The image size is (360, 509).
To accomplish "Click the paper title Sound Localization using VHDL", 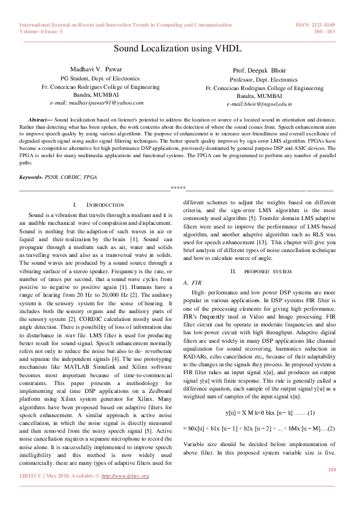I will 180,48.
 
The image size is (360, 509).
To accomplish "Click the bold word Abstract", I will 41,120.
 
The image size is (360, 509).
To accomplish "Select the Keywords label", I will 33,177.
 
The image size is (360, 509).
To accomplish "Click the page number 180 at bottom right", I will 330,487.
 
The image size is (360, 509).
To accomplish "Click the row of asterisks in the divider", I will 178,189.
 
